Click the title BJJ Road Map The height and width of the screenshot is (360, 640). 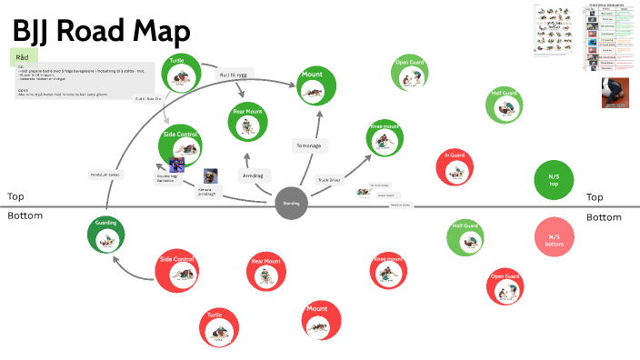pyautogui.click(x=101, y=31)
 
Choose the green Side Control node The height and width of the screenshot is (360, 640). pyautogui.click(x=180, y=145)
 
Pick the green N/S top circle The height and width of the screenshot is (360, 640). pyautogui.click(x=554, y=178)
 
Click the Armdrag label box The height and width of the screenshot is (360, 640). pyautogui.click(x=252, y=174)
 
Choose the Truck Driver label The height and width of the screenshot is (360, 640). pyautogui.click(x=329, y=180)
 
